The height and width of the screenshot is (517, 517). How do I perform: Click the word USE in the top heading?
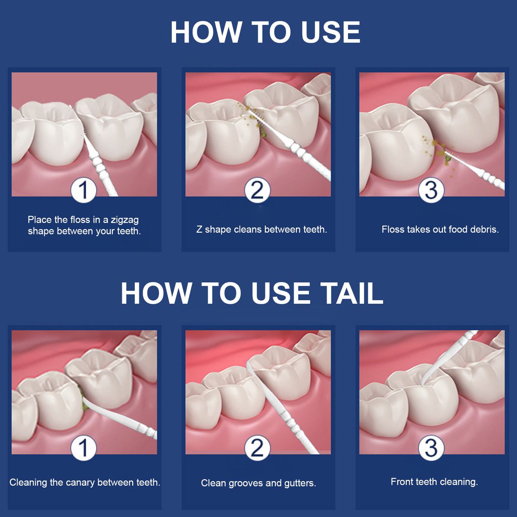pos(330,32)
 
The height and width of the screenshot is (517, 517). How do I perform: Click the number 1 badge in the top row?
pos(84,190)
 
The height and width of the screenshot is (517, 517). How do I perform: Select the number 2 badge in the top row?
pos(257,190)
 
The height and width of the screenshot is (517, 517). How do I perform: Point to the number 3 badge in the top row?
pos(431,190)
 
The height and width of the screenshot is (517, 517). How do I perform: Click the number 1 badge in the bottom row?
pos(84,448)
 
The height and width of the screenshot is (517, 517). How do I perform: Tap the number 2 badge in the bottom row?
pos(257,448)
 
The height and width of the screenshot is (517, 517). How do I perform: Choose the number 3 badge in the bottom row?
pos(431,448)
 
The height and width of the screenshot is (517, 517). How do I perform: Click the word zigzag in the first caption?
pos(125,221)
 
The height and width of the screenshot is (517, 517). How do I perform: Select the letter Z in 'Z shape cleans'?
pos(199,229)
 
